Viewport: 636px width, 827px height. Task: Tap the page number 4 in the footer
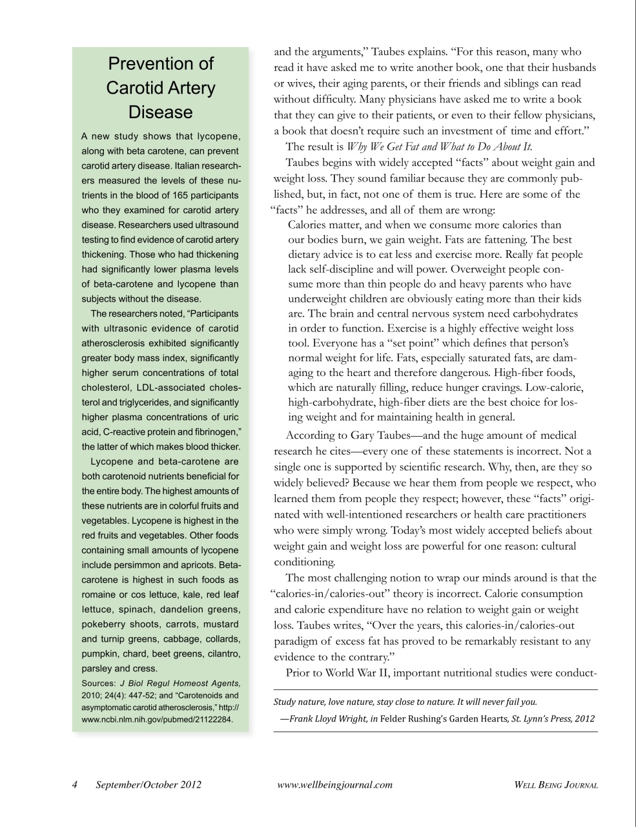pyautogui.click(x=75, y=785)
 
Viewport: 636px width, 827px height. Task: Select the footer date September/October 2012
pyautogui.click(x=149, y=785)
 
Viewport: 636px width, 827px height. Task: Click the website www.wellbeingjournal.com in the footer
pyautogui.click(x=334, y=785)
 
